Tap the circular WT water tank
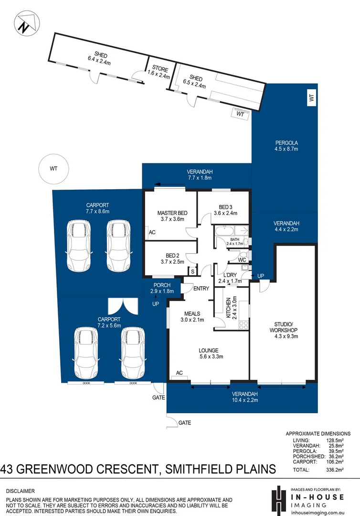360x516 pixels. tap(54, 169)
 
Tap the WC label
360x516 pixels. tap(242, 260)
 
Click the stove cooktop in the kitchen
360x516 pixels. tap(243, 324)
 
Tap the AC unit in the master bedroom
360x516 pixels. tap(152, 233)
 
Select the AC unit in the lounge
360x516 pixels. tap(180, 373)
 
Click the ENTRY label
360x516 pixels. tap(201, 288)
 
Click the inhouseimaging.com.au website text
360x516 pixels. tap(320, 511)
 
